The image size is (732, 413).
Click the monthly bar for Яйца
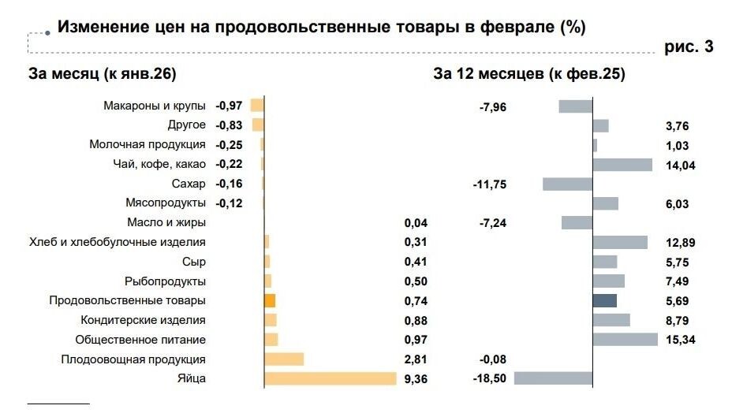[330, 378]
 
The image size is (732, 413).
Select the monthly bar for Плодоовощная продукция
[284, 359]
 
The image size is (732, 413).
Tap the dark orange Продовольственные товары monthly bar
[270, 300]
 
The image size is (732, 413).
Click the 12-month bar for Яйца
[553, 378]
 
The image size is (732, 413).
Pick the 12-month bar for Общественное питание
[625, 339]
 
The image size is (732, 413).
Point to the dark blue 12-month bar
[604, 300]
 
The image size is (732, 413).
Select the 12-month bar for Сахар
[567, 184]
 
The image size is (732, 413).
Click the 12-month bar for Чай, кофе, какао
[622, 165]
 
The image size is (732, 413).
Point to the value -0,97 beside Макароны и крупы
[229, 106]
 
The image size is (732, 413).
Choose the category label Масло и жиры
[166, 223]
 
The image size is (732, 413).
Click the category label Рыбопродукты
[166, 281]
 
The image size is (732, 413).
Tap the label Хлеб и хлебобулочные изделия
[118, 242]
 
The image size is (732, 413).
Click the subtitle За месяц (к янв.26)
[102, 74]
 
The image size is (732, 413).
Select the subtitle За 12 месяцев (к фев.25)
[528, 74]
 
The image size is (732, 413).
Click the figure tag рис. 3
[689, 47]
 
